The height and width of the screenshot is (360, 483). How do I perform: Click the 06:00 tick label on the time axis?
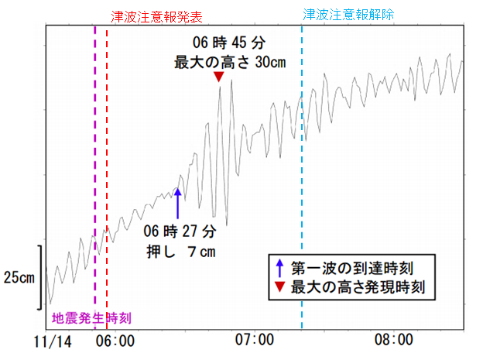[x=116, y=341]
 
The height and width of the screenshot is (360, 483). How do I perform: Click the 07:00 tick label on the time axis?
[x=255, y=341]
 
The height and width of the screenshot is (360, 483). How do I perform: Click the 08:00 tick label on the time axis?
[x=393, y=341]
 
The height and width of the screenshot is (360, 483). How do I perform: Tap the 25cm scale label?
[x=18, y=276]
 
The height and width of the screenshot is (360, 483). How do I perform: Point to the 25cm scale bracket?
[x=39, y=276]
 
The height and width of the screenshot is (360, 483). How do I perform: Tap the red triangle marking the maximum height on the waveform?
[x=219, y=77]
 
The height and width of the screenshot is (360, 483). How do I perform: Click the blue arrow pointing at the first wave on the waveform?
[x=177, y=203]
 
